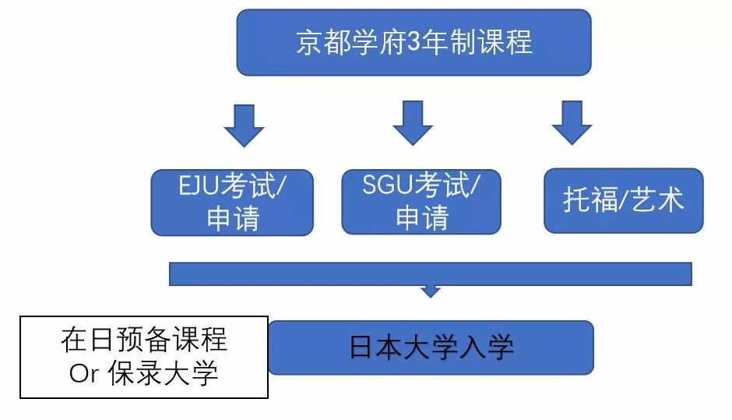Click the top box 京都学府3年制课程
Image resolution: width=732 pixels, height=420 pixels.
pos(414,43)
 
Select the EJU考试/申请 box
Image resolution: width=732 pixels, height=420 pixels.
pos(232,203)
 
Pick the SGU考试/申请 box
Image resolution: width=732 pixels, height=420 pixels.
pos(421,201)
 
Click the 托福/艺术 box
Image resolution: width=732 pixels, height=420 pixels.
pos(624,200)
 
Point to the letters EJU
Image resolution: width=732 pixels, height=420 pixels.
pos(199,185)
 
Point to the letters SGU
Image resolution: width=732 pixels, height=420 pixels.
pos(388,184)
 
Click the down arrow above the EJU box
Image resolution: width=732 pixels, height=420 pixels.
pos(245,125)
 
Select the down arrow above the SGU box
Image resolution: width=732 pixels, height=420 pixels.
pos(413,122)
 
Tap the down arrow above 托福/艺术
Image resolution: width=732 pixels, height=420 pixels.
pos(572,122)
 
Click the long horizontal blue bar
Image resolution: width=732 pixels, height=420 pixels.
pos(431,274)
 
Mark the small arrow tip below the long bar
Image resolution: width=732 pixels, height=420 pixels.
pos(431,296)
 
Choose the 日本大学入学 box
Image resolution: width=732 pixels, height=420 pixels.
pos(431,347)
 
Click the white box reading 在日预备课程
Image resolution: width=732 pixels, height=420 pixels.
pos(144,357)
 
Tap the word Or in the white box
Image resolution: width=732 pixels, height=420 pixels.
pos(85,373)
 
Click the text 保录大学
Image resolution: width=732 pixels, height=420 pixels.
pos(163,372)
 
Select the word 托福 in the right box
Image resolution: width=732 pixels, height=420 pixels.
pos(590,199)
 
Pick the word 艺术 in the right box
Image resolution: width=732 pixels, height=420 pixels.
pos(657,199)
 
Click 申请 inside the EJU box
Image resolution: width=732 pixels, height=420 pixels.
pos(233,218)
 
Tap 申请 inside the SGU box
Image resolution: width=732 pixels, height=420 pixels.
pos(422,217)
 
